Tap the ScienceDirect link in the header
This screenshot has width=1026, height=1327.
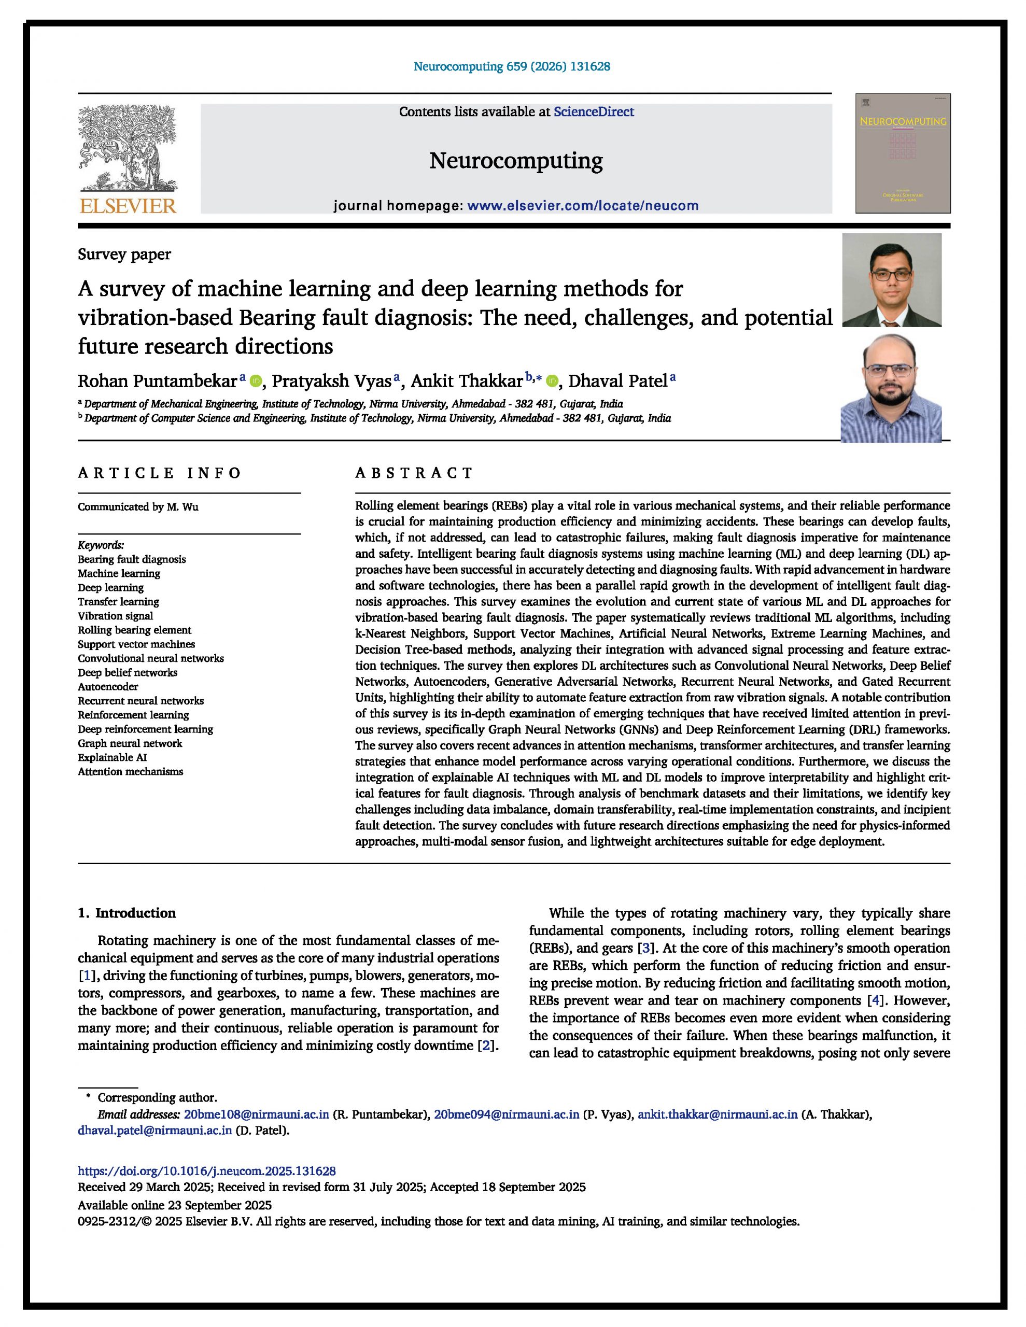click(x=593, y=112)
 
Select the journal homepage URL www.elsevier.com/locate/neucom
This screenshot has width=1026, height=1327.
click(x=582, y=205)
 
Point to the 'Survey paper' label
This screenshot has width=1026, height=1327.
click(x=124, y=254)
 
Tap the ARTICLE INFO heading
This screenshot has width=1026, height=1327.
click(x=159, y=473)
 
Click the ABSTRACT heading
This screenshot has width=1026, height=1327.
click(x=414, y=473)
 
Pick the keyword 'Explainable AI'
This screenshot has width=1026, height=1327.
click(x=112, y=757)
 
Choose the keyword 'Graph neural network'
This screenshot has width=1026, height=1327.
click(x=130, y=743)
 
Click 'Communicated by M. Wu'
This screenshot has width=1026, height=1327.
click(x=138, y=507)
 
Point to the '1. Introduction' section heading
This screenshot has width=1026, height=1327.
click(x=127, y=913)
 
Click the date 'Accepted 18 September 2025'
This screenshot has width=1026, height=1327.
click(x=508, y=1187)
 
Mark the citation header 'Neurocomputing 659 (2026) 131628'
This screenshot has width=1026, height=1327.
click(x=512, y=66)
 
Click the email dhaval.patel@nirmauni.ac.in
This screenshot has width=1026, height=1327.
click(x=155, y=1130)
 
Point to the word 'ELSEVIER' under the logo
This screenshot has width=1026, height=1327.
click(x=128, y=206)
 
